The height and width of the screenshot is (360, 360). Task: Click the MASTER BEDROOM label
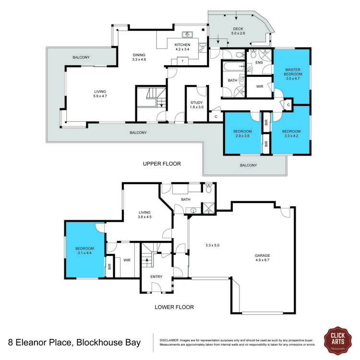point(292,74)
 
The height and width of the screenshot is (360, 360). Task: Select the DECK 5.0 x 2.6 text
point(239,31)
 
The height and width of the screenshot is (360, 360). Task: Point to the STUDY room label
point(197,105)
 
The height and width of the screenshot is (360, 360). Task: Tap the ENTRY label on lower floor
point(156,276)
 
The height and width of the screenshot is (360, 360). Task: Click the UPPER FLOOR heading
point(162,164)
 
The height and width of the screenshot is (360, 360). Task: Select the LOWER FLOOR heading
point(174,307)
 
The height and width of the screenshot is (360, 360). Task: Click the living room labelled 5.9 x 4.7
point(100,94)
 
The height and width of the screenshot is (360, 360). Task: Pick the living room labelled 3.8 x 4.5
point(145,215)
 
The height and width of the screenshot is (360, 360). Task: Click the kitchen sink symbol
point(188,35)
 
